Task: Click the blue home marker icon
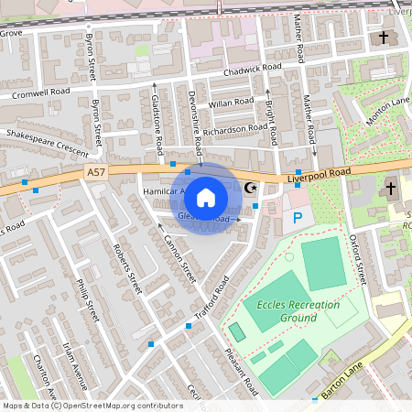(x=206, y=197)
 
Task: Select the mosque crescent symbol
(x=250, y=190)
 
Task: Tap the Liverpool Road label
(x=318, y=173)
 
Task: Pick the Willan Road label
(x=229, y=103)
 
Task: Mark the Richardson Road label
(x=234, y=129)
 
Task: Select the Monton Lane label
(x=387, y=111)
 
